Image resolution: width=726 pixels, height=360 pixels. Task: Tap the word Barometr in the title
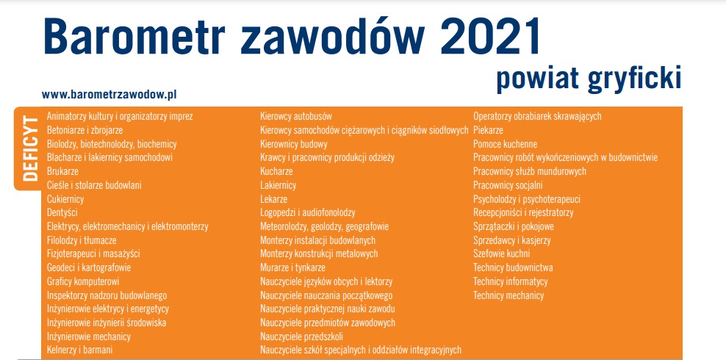(134, 37)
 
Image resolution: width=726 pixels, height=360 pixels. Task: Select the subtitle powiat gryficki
(589, 79)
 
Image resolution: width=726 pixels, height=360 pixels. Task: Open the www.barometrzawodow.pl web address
(109, 95)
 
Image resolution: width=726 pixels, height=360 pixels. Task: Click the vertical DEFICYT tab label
(31, 148)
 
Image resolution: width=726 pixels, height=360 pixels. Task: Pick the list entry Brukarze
(62, 172)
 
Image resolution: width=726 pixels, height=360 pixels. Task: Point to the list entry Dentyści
(62, 213)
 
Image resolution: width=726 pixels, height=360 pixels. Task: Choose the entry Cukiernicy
(65, 199)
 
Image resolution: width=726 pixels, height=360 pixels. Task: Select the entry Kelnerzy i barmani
(79, 350)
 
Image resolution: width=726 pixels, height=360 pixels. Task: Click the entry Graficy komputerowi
(83, 281)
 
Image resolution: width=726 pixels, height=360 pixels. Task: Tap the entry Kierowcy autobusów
(296, 116)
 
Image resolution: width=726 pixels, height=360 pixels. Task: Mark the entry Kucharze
(276, 172)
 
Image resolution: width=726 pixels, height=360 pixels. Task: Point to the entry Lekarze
(273, 199)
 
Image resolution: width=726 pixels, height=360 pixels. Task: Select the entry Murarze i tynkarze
(292, 268)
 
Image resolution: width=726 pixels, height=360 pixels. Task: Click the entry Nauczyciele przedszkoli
(301, 336)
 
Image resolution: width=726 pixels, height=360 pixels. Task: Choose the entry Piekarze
(488, 130)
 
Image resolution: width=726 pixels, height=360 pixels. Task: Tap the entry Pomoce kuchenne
(505, 144)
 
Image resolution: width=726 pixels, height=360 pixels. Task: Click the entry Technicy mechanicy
(508, 295)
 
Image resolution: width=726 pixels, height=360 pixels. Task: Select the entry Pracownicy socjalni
(508, 186)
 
